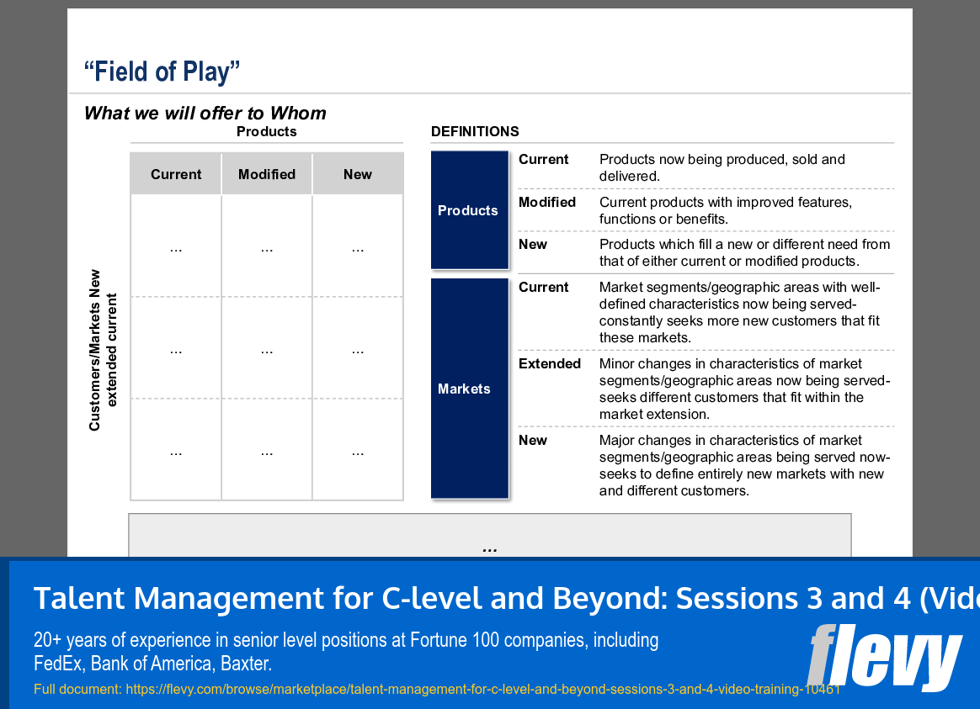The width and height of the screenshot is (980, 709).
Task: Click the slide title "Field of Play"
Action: pos(162,71)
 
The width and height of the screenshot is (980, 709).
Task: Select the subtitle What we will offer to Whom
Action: pos(205,113)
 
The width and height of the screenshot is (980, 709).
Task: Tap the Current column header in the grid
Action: pos(176,174)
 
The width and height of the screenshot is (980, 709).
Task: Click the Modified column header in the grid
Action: pos(267,174)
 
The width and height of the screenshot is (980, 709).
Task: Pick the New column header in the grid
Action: pos(357,174)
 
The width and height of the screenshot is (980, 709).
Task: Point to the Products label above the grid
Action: pos(266,131)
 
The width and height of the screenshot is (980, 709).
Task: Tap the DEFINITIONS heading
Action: pos(475,131)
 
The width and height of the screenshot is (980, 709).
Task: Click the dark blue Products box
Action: pos(469,210)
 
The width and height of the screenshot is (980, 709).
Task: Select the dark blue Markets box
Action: pos(469,389)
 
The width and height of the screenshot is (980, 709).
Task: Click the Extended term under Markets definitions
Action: pos(549,363)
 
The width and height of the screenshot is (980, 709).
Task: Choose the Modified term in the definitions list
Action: pos(546,202)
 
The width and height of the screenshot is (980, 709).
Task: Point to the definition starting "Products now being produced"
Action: pos(722,167)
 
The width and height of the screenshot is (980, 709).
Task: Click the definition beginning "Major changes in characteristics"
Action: pos(743,465)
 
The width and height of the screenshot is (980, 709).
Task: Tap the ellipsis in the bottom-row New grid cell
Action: pos(358,452)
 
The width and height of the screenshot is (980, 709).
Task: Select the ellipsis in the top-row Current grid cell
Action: pos(176,248)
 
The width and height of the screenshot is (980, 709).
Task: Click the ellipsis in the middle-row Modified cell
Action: pos(267,350)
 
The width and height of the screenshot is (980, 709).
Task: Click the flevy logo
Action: pos(883,657)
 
